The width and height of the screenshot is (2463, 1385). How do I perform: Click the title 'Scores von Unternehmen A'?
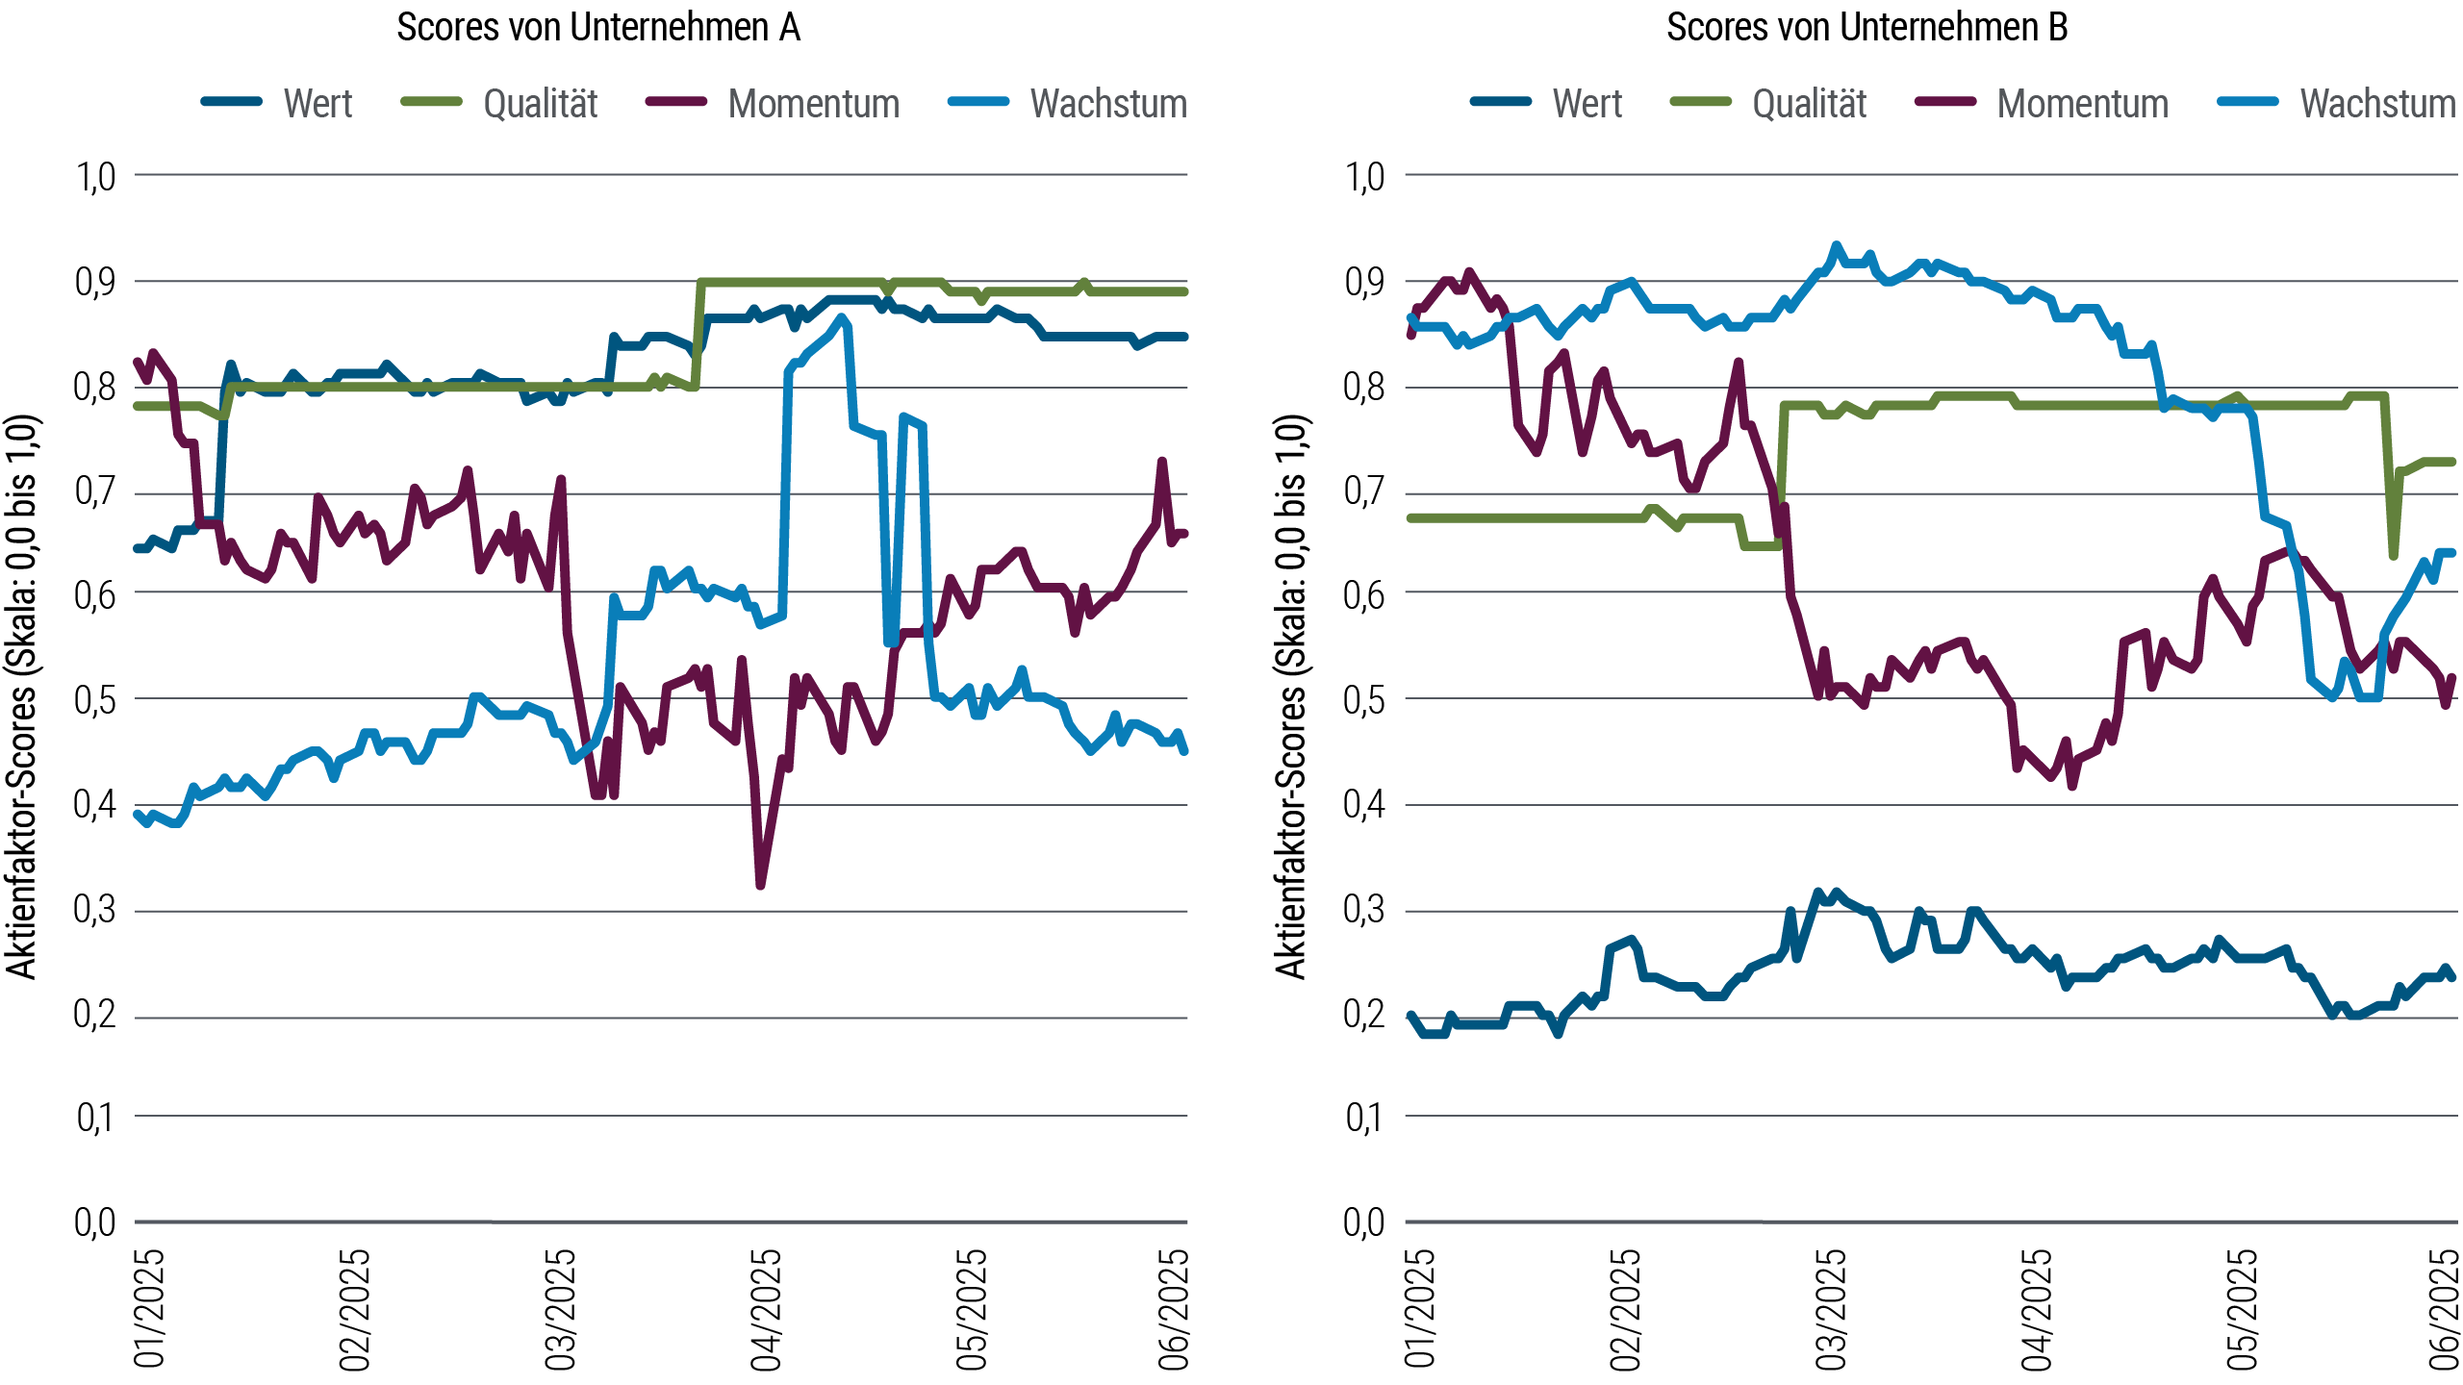[x=597, y=28]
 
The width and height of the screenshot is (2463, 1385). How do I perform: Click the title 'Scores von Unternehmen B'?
[x=1866, y=28]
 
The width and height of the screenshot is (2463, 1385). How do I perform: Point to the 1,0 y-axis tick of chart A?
[x=95, y=177]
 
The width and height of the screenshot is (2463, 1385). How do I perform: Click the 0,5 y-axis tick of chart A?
[x=95, y=700]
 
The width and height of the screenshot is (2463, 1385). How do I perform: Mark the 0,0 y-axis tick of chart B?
[x=1364, y=1223]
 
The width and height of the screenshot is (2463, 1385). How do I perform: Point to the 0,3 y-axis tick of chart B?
[x=1364, y=910]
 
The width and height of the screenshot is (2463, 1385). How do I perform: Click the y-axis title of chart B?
[x=1291, y=697]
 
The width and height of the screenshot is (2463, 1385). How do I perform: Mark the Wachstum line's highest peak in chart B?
[x=1836, y=246]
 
